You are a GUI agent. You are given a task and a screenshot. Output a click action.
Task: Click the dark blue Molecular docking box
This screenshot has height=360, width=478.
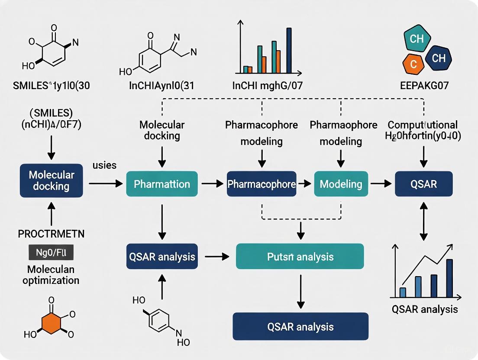[x=52, y=181]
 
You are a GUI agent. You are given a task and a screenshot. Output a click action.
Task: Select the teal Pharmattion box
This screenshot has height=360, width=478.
[x=162, y=184]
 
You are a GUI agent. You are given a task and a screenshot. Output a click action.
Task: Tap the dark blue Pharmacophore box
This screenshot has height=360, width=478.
[x=262, y=184]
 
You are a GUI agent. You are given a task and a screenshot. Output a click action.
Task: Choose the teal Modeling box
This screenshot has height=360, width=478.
[x=341, y=184]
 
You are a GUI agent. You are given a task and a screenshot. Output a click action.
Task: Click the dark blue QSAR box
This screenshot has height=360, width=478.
[x=424, y=184]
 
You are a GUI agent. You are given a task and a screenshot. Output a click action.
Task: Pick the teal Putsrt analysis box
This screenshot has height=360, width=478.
[x=300, y=257]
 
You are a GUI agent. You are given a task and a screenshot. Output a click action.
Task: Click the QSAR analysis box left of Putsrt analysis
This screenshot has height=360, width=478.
[x=162, y=257]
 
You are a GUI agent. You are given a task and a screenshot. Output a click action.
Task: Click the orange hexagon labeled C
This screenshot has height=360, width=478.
[x=413, y=64]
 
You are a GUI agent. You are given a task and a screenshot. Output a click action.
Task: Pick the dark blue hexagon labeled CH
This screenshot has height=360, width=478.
[x=438, y=58]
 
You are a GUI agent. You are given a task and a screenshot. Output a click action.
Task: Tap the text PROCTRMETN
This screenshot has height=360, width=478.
[x=51, y=234]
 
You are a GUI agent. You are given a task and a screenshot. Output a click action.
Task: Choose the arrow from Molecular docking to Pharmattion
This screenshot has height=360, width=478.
[x=105, y=184]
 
